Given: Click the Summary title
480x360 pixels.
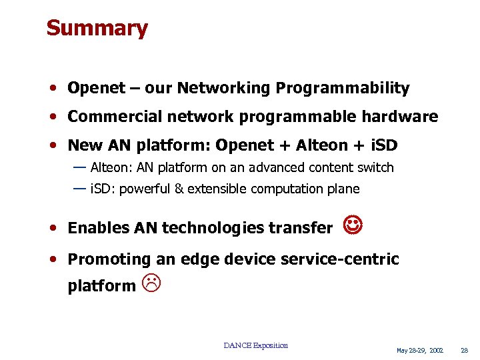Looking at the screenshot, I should click(97, 28).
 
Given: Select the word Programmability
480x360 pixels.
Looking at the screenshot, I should click(343, 88).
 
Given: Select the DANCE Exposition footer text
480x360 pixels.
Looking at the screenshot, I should click(256, 345).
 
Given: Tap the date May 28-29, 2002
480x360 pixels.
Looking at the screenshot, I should click(420, 350).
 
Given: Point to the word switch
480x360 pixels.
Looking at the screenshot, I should click(375, 168).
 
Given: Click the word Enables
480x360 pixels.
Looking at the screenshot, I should click(98, 228).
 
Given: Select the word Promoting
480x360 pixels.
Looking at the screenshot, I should click(110, 259).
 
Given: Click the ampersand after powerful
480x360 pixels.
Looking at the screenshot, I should click(179, 189).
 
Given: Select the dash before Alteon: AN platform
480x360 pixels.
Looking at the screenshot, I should click(79, 167).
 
